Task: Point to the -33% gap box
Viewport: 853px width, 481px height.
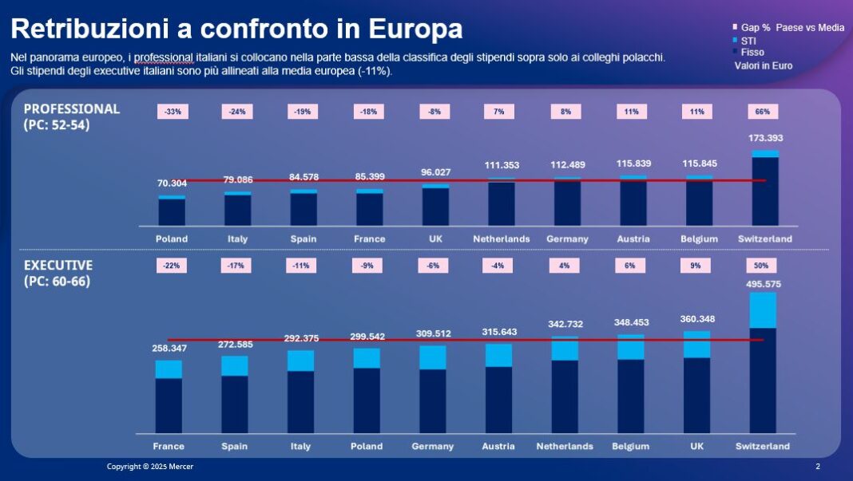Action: tap(173, 112)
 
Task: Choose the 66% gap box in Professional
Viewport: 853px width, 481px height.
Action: tap(763, 112)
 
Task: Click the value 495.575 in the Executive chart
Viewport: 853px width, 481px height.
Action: tap(763, 284)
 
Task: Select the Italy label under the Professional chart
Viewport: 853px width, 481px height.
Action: tap(237, 239)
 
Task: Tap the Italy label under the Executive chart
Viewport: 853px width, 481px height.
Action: tap(300, 446)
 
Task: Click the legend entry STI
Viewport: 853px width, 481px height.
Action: tap(748, 40)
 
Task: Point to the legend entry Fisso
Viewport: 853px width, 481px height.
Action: tap(752, 52)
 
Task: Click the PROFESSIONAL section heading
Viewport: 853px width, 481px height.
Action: tap(71, 108)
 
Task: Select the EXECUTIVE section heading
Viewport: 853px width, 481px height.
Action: tap(58, 265)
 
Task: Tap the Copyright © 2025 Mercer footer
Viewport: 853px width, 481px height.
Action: tap(150, 466)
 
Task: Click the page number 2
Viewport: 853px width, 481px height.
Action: tap(817, 466)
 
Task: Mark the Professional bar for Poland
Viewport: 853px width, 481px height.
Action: tap(172, 211)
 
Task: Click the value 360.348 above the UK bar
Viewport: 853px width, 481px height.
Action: tap(696, 319)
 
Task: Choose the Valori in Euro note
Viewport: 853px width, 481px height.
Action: tap(764, 65)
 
